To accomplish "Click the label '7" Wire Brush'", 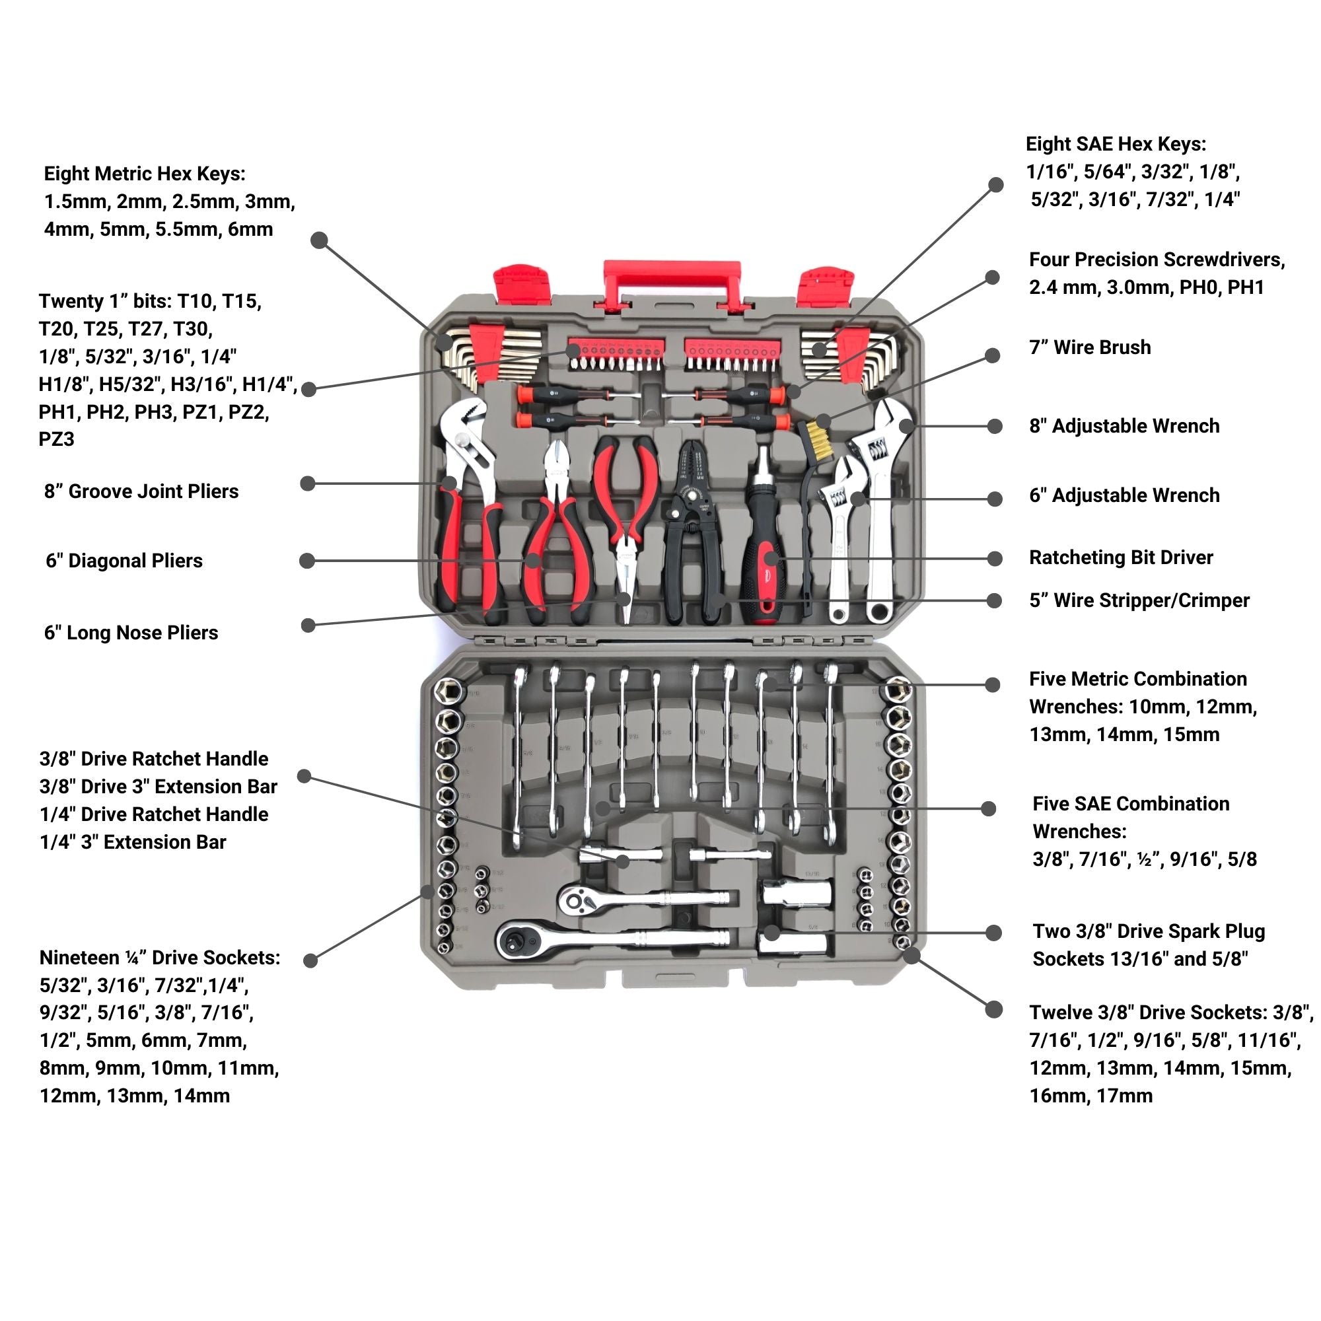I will pos(1090,347).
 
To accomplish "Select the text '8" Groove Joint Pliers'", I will pos(141,491).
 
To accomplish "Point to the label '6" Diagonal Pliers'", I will pos(124,561).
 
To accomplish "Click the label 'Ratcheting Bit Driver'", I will pos(1121,557).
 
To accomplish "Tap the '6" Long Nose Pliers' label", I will pos(131,633).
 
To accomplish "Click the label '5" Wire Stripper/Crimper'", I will pos(1139,600).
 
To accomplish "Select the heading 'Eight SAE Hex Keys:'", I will pos(1116,144).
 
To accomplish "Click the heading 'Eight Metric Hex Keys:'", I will pos(144,174).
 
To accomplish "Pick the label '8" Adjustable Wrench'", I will pos(1124,426).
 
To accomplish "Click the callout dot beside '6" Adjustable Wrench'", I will pos(995,499).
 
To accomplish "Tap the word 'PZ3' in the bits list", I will pos(56,439).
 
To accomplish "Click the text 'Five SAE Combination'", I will pos(1130,803).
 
